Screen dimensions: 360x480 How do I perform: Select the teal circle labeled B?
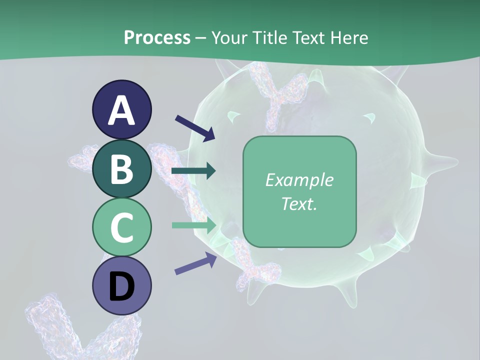[x=122, y=168]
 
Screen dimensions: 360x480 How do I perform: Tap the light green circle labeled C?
[x=122, y=227]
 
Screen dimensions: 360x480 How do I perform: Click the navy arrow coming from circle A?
[x=195, y=128]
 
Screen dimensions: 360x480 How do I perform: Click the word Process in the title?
[x=157, y=37]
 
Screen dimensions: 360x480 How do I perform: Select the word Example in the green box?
[x=299, y=180]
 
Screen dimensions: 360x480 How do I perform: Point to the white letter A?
[x=122, y=110]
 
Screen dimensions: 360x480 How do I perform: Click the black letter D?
[x=122, y=286]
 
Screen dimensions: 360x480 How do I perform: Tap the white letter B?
[x=122, y=169]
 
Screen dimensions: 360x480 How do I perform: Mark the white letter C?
[x=122, y=227]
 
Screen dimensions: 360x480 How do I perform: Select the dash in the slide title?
[x=201, y=38]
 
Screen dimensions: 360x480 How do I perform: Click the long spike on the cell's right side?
[x=442, y=161]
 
